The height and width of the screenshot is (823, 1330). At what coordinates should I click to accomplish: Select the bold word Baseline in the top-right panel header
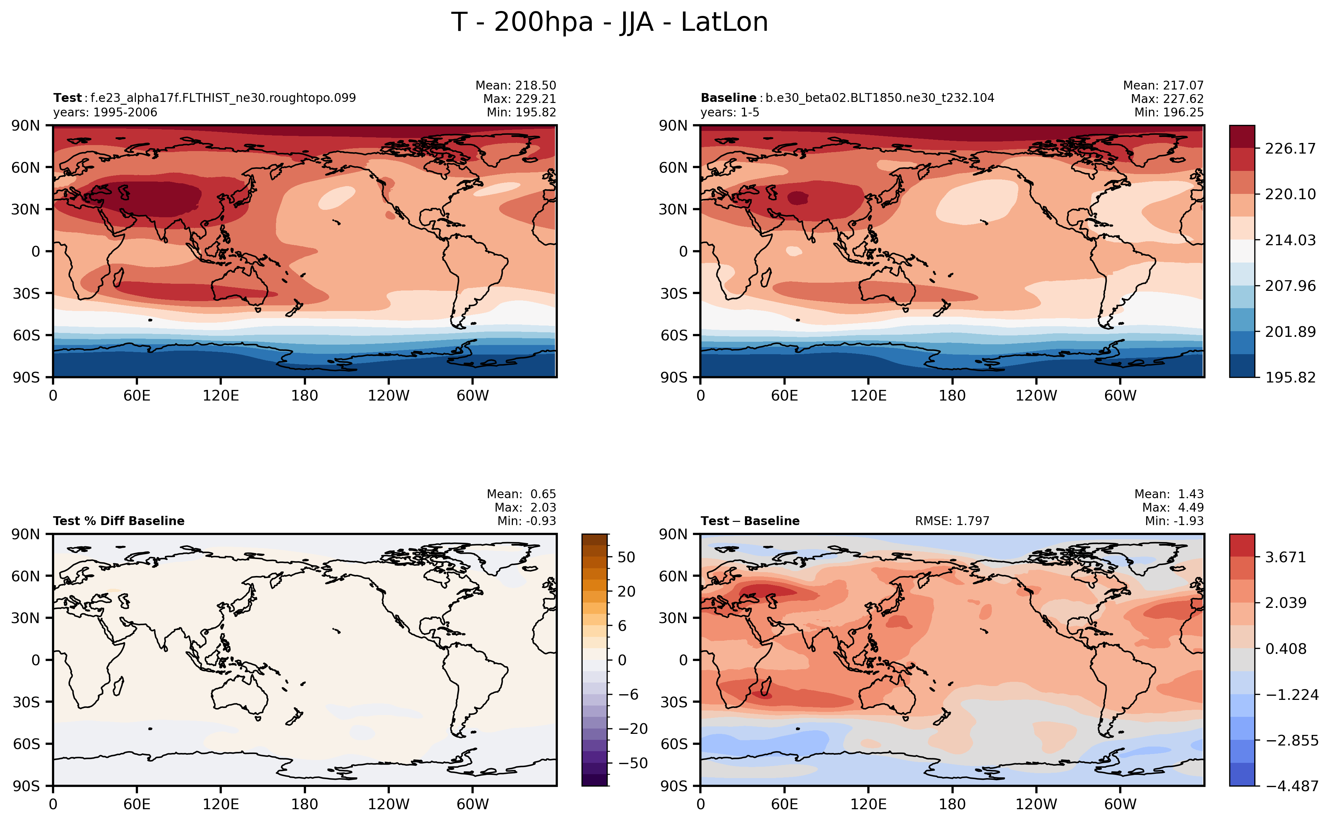click(x=728, y=98)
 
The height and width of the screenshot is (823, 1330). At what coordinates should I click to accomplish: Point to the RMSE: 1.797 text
click(x=952, y=521)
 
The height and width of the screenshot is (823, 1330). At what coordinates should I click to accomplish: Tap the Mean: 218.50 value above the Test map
click(x=516, y=86)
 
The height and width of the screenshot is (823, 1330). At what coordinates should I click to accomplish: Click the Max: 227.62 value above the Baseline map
click(x=1167, y=98)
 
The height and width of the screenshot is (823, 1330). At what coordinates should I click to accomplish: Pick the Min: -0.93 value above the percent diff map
click(x=527, y=521)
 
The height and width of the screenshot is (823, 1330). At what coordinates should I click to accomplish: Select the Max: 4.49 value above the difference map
click(x=1173, y=507)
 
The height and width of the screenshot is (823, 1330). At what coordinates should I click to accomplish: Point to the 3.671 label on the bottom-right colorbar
click(x=1285, y=557)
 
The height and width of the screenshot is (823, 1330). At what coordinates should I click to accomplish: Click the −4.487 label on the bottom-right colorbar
click(x=1292, y=786)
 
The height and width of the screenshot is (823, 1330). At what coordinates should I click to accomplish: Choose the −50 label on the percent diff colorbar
click(x=633, y=763)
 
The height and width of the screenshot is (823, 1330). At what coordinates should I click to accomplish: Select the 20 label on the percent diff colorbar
click(x=626, y=591)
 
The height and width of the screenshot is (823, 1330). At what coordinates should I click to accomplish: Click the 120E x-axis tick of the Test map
click(x=220, y=396)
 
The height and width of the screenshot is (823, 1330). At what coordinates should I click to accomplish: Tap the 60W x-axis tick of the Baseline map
click(x=1120, y=396)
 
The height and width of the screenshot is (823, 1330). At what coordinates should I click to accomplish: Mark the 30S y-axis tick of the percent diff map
click(x=27, y=702)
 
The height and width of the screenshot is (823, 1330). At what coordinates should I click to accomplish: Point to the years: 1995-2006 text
click(x=105, y=113)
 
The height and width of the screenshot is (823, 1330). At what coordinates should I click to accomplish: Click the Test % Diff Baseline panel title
click(x=118, y=521)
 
